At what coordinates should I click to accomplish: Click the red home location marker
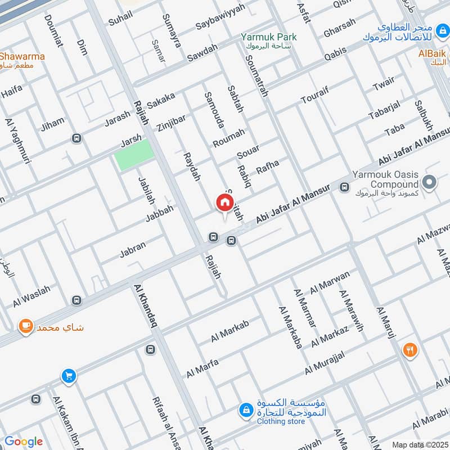point(224,202)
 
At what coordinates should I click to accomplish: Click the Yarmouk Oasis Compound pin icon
point(430,183)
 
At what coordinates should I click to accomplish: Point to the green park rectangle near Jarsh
point(134,155)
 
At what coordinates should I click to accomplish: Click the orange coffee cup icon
point(25,326)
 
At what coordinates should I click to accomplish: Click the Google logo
point(24,442)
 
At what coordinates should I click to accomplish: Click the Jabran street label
point(133,250)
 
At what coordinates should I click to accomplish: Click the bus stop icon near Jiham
point(76,138)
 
